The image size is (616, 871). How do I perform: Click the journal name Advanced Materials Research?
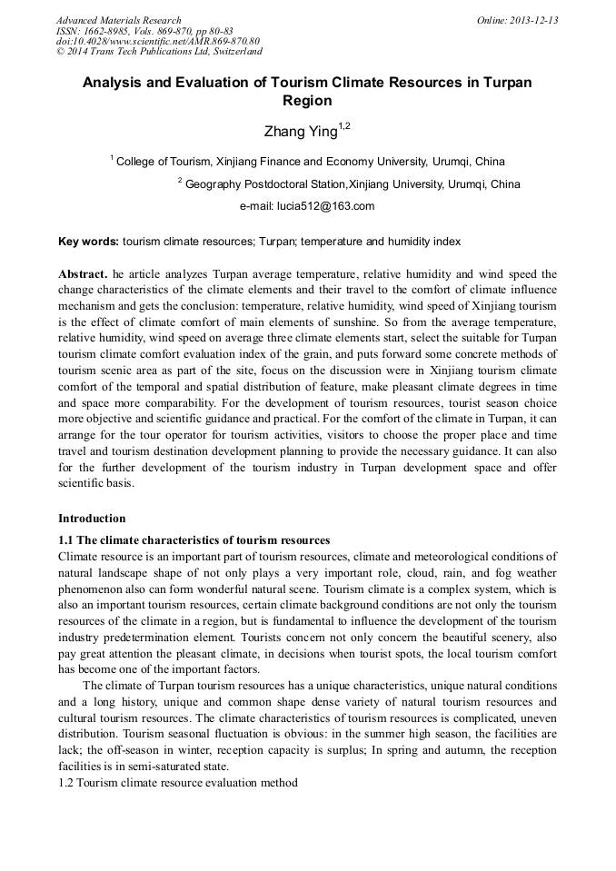click(118, 20)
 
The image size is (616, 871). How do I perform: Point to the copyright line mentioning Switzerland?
click(159, 51)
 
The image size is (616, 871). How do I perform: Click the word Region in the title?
click(307, 101)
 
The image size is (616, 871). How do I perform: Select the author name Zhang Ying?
click(299, 133)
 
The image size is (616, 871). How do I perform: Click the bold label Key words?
click(88, 242)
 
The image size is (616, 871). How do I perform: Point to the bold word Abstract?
click(83, 273)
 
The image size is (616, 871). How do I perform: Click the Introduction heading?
click(92, 519)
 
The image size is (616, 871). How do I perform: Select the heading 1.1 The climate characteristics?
click(194, 540)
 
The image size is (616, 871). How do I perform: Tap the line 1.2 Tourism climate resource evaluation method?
click(177, 782)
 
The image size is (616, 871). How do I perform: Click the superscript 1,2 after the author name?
click(343, 126)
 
